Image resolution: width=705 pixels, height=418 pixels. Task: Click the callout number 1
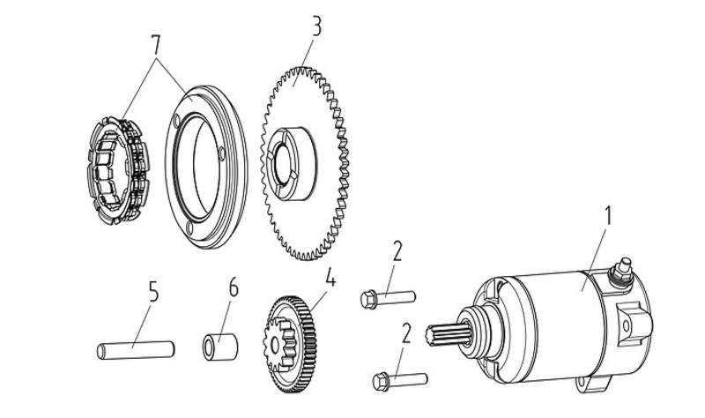[607, 216]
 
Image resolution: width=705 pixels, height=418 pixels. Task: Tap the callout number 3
[317, 27]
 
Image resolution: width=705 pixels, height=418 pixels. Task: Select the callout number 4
[330, 277]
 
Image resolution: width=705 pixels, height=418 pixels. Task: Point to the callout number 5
[153, 292]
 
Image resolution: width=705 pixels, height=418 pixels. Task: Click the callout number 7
[156, 45]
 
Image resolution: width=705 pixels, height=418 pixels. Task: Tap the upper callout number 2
[397, 251]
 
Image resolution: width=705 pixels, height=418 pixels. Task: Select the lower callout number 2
[406, 333]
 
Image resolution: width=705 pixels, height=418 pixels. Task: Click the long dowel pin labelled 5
[136, 350]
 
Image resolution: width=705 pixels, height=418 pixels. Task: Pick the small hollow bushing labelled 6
[219, 347]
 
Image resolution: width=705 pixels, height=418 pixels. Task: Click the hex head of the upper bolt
[368, 300]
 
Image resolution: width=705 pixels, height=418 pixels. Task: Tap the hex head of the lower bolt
[381, 382]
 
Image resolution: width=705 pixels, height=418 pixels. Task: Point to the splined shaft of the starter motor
[448, 334]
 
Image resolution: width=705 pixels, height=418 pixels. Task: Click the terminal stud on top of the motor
[622, 271]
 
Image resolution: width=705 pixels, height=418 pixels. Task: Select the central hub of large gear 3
[289, 163]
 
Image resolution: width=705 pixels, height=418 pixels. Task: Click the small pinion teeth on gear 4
[280, 343]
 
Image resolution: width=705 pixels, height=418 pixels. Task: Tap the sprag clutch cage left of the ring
[118, 170]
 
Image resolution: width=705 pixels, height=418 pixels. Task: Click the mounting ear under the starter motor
[592, 384]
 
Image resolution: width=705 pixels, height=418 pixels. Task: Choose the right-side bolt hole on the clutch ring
[222, 153]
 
